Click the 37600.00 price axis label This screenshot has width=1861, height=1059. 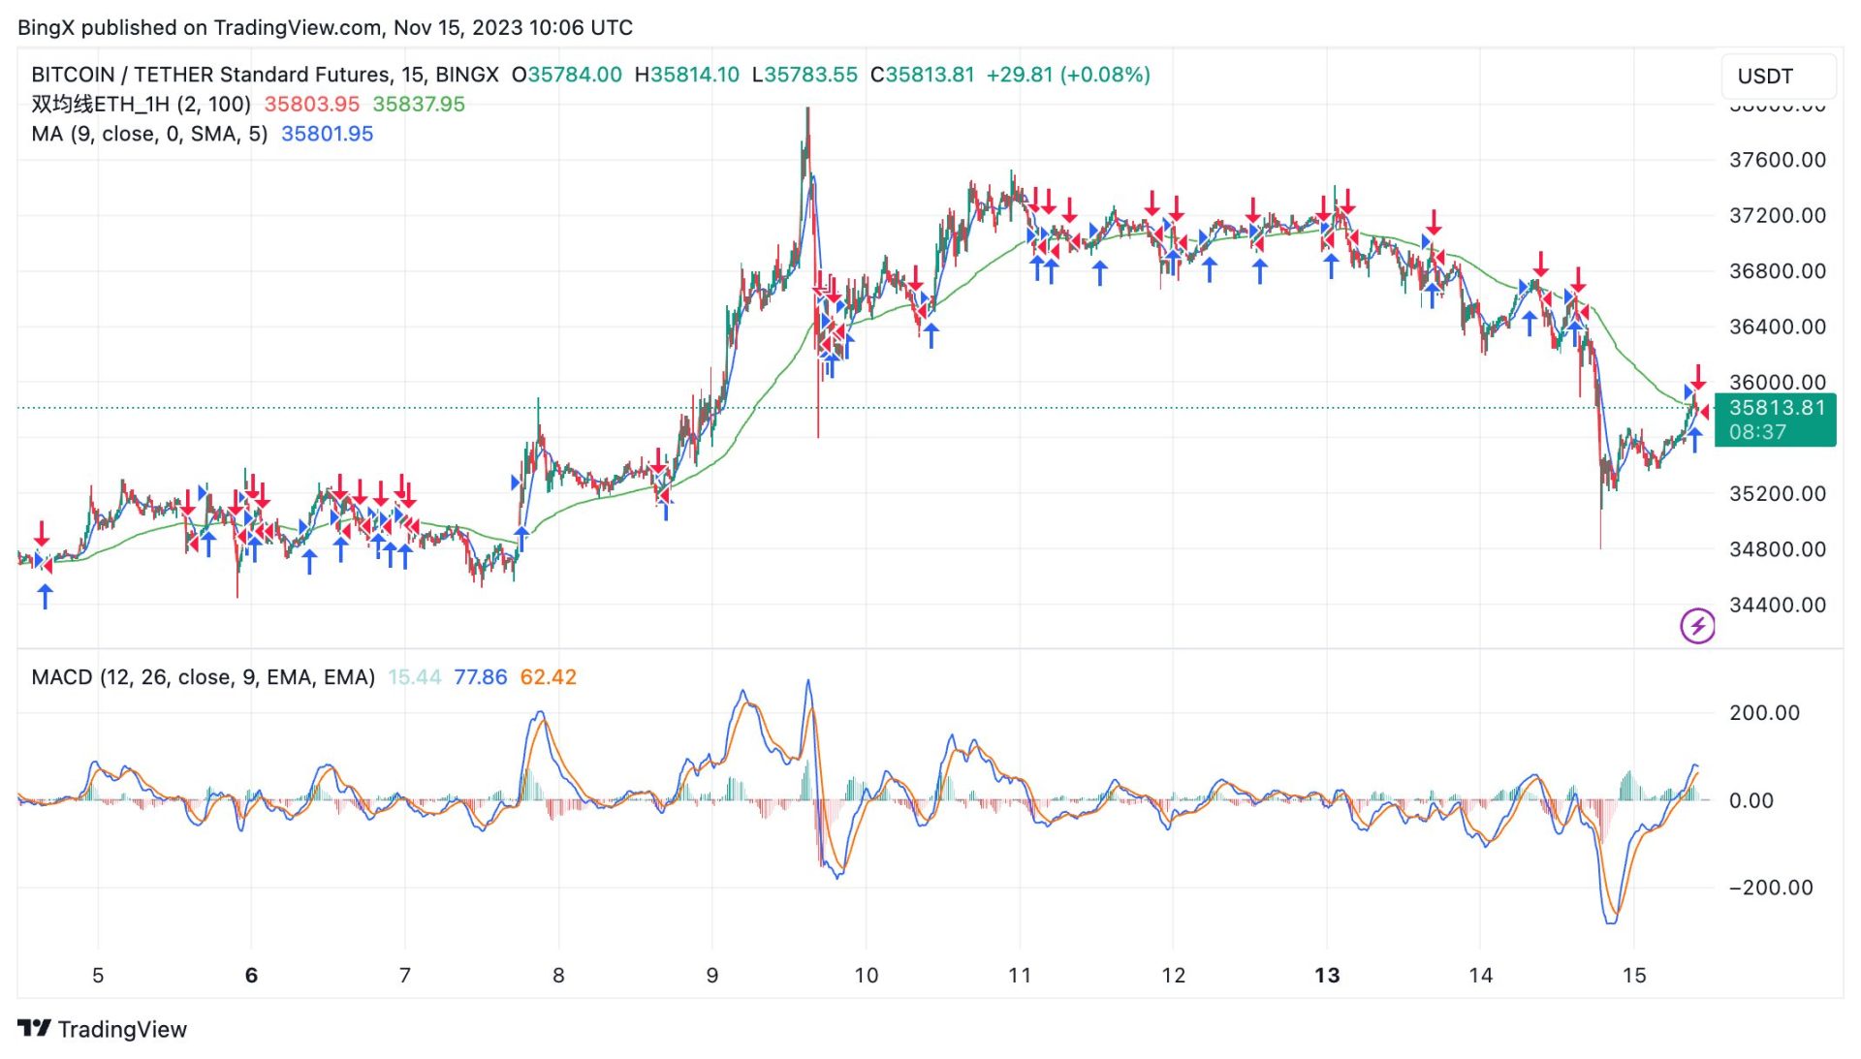pyautogui.click(x=1777, y=160)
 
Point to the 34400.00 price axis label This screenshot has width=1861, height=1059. pyautogui.click(x=1777, y=605)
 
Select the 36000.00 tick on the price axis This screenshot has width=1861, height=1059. pyautogui.click(x=1777, y=382)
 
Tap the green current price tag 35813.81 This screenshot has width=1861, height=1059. pyautogui.click(x=1776, y=408)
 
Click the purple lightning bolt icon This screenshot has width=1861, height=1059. pyautogui.click(x=1696, y=626)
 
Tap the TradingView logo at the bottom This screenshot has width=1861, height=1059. pyautogui.click(x=103, y=1029)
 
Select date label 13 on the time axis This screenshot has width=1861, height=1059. pyautogui.click(x=1327, y=976)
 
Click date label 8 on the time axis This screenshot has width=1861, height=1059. pyautogui.click(x=558, y=976)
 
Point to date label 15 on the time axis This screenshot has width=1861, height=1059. pyautogui.click(x=1634, y=976)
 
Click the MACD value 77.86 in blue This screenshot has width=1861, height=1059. pyautogui.click(x=480, y=677)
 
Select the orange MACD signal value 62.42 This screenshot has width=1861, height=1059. pyautogui.click(x=548, y=677)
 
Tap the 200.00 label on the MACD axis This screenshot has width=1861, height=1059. pyautogui.click(x=1764, y=713)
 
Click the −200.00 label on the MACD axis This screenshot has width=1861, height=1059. pyautogui.click(x=1770, y=888)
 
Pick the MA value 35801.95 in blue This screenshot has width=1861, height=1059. pyautogui.click(x=327, y=134)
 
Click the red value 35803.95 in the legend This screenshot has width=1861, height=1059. pyautogui.click(x=311, y=105)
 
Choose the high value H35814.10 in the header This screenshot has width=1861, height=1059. pyautogui.click(x=686, y=75)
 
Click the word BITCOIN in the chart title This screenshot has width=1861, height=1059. pyautogui.click(x=73, y=75)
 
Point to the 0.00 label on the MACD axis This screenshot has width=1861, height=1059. pyautogui.click(x=1751, y=800)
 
